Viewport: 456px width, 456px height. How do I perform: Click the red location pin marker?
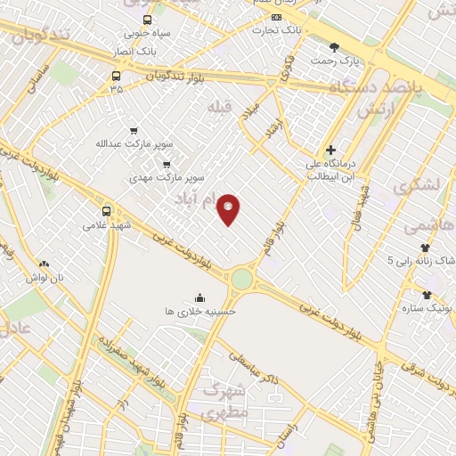pos(229,208)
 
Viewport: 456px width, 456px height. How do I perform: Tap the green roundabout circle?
pos(242,279)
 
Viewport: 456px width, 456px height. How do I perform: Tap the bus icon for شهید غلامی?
pos(107,211)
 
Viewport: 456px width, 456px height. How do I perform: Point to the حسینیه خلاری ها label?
pos(199,312)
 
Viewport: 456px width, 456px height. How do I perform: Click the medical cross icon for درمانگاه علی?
pos(330,151)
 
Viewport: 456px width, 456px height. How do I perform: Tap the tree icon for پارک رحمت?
pos(334,47)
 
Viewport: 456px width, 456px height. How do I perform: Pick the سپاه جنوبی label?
pos(146,34)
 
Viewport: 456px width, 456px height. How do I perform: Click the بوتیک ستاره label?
pos(428,306)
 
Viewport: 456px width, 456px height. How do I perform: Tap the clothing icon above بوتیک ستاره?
pos(427,294)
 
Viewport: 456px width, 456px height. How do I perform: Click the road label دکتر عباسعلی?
pos(255,367)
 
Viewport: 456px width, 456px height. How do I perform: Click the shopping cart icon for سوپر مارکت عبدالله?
pos(134,128)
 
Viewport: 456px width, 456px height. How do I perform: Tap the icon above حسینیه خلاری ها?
pos(199,297)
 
